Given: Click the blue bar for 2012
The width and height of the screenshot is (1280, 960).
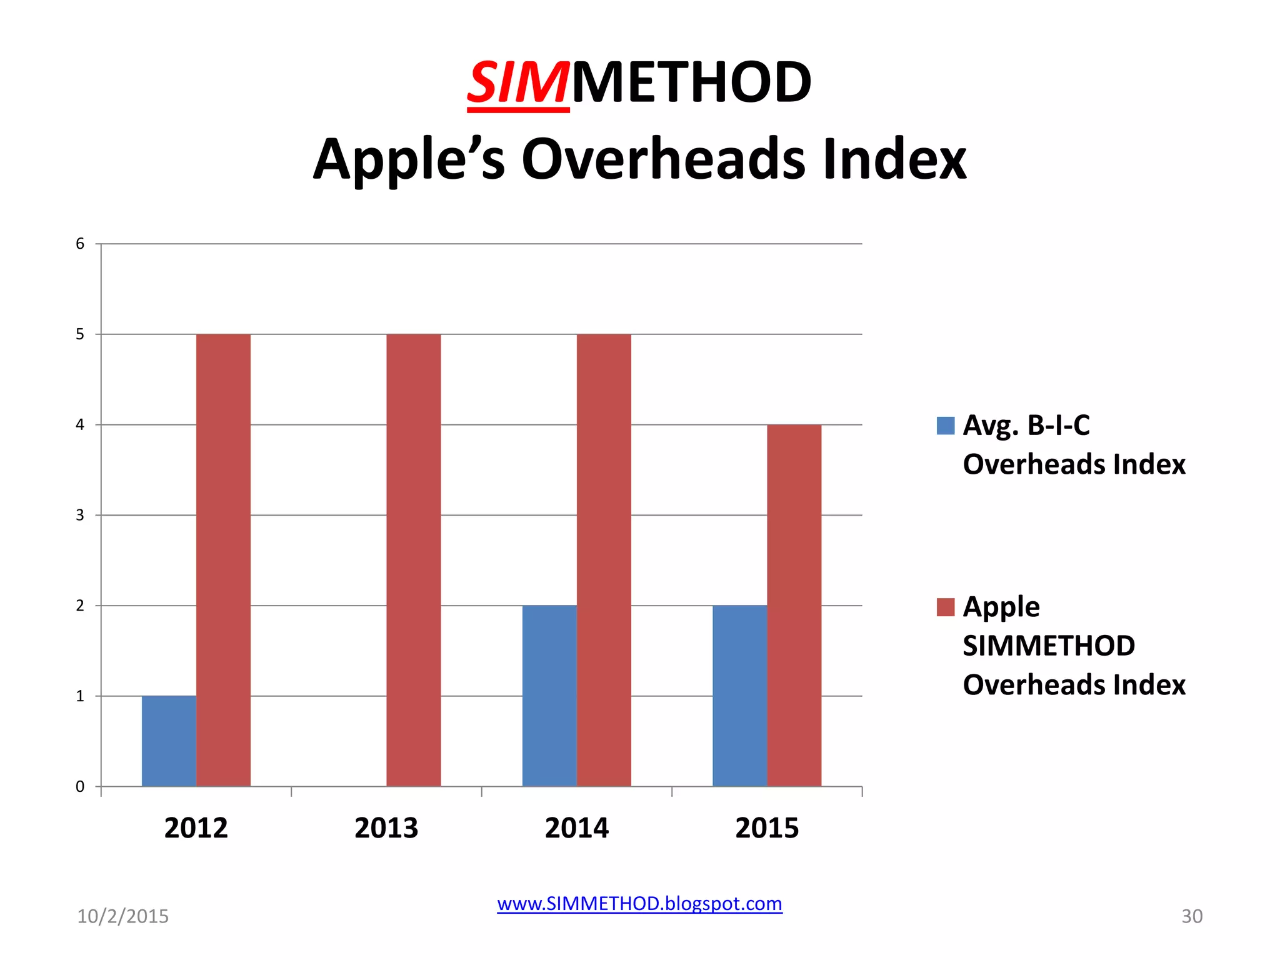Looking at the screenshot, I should click(x=169, y=741).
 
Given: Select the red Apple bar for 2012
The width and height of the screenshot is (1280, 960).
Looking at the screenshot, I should click(x=223, y=560).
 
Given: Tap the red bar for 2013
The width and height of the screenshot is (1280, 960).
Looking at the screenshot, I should click(x=413, y=560).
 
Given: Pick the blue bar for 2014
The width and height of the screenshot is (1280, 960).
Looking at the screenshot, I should click(x=549, y=696).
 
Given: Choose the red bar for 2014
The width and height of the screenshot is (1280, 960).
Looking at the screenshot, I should click(x=604, y=560).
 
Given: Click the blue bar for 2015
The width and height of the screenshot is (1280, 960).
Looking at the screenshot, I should click(x=739, y=696).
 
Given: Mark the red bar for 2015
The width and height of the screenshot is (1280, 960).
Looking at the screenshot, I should click(x=794, y=605).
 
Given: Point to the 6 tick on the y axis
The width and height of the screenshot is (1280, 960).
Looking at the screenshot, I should click(x=80, y=244).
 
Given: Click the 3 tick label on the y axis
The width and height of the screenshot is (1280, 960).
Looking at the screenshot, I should click(x=80, y=515).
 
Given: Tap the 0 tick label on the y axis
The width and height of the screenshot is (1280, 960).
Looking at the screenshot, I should click(x=80, y=786).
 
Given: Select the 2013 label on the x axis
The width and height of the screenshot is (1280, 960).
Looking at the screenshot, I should click(x=386, y=828).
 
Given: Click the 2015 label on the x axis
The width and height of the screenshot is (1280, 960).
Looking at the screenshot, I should click(x=767, y=828).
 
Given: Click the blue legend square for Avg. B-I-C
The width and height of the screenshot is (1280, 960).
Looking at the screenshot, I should click(x=946, y=426).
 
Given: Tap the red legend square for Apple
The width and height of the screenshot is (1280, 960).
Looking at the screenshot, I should click(x=946, y=607).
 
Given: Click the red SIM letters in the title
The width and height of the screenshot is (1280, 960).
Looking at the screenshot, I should click(x=518, y=83).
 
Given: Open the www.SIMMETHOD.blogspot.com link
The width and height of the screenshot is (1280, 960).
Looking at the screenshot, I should click(x=639, y=904).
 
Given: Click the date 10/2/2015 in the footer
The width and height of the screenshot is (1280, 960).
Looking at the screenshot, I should click(x=122, y=916).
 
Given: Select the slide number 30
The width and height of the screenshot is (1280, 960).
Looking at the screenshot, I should click(x=1191, y=916).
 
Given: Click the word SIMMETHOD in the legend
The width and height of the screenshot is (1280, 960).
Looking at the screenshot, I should click(x=1048, y=646).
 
